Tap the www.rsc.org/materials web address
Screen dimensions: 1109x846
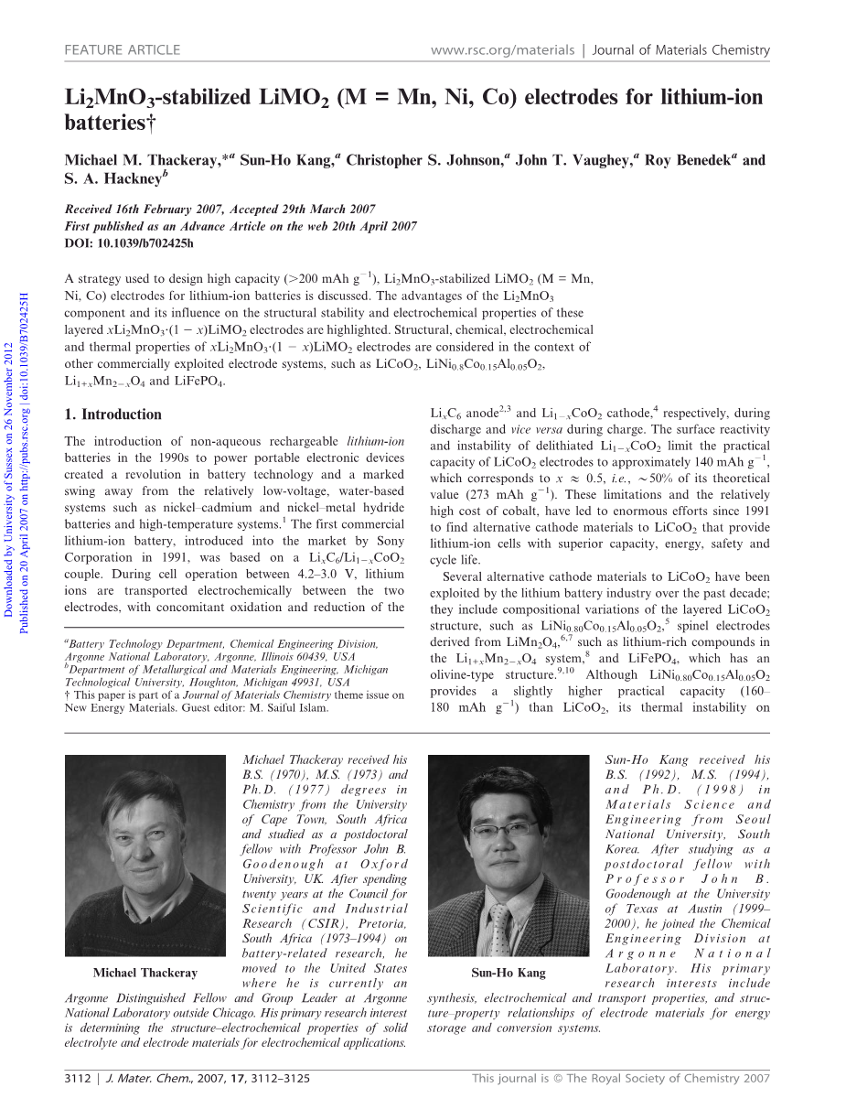coord(501,50)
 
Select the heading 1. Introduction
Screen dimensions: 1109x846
coord(112,415)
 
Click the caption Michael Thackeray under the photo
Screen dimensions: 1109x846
coord(145,973)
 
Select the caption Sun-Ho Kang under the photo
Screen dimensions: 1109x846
coord(508,973)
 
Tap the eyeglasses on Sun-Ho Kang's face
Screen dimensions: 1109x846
coord(505,828)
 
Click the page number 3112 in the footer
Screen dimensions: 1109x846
coord(78,1079)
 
